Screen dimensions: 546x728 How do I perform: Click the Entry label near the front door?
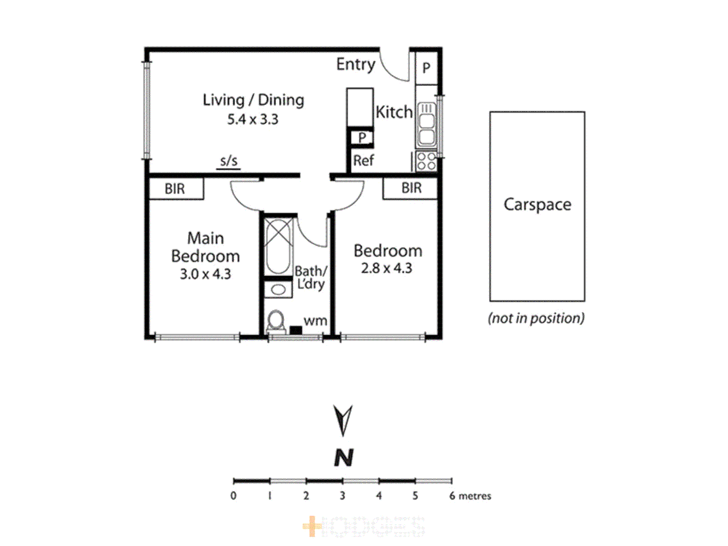pyautogui.click(x=355, y=64)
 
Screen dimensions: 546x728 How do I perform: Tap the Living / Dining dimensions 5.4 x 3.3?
pyautogui.click(x=252, y=119)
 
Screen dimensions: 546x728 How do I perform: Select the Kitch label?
pyautogui.click(x=394, y=112)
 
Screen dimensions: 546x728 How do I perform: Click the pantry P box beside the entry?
pyautogui.click(x=426, y=68)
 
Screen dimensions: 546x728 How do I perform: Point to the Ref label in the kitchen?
pyautogui.click(x=363, y=161)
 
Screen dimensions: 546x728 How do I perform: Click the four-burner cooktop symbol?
pyautogui.click(x=426, y=161)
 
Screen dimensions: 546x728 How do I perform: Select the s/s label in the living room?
pyautogui.click(x=229, y=161)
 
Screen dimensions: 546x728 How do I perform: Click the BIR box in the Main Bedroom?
pyautogui.click(x=175, y=189)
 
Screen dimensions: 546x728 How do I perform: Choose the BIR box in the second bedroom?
pyautogui.click(x=411, y=188)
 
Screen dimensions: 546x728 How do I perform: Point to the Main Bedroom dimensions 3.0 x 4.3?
pyautogui.click(x=205, y=274)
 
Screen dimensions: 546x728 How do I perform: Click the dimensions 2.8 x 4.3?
pyautogui.click(x=386, y=268)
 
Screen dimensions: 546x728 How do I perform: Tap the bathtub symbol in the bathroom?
pyautogui.click(x=278, y=246)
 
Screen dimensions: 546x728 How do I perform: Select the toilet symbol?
pyautogui.click(x=276, y=322)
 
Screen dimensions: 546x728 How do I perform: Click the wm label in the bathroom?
pyautogui.click(x=315, y=321)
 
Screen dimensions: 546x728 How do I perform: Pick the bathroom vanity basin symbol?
pyautogui.click(x=278, y=290)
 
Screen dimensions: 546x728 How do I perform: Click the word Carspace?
pyautogui.click(x=537, y=204)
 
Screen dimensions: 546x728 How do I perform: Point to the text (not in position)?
pyautogui.click(x=536, y=318)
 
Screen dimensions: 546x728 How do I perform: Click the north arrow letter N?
pyautogui.click(x=344, y=458)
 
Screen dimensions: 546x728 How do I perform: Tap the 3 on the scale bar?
pyautogui.click(x=342, y=495)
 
